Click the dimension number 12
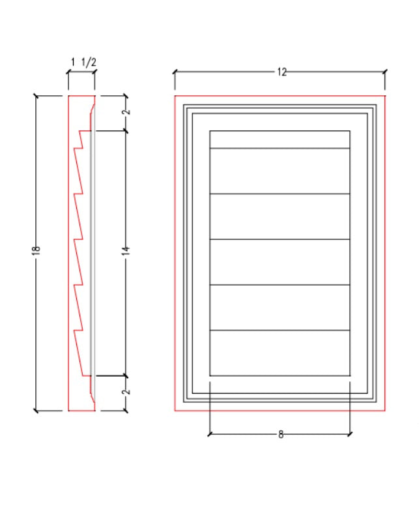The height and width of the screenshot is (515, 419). [x=282, y=72]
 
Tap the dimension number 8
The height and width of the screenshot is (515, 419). [x=281, y=434]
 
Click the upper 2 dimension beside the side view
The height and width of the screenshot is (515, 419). [x=126, y=112]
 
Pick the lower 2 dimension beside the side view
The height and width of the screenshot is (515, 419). [x=126, y=392]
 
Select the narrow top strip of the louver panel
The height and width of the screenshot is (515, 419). [x=280, y=140]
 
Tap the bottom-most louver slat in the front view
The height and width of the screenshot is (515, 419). [x=280, y=353]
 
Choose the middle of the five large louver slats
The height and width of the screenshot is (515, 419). [x=280, y=263]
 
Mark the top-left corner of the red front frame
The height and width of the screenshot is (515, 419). [x=175, y=96]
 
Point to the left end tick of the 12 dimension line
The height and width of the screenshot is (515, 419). [x=175, y=72]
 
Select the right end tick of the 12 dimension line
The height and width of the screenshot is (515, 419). [x=385, y=72]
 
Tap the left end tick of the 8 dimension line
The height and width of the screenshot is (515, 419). [x=209, y=434]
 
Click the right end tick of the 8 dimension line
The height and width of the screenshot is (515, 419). [x=351, y=434]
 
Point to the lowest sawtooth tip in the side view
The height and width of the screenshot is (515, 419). [x=74, y=332]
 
